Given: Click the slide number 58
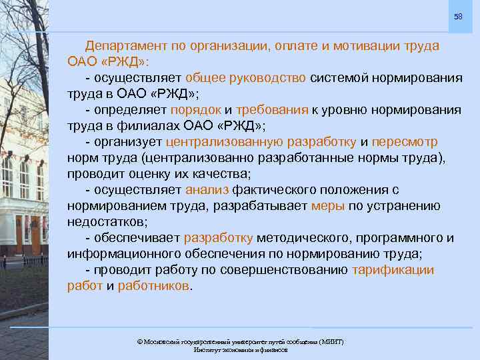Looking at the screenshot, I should click(457, 16).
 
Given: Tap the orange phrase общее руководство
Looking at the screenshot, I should click(245, 78).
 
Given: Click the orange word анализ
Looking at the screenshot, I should click(208, 190).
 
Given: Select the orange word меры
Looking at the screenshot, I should click(328, 206).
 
